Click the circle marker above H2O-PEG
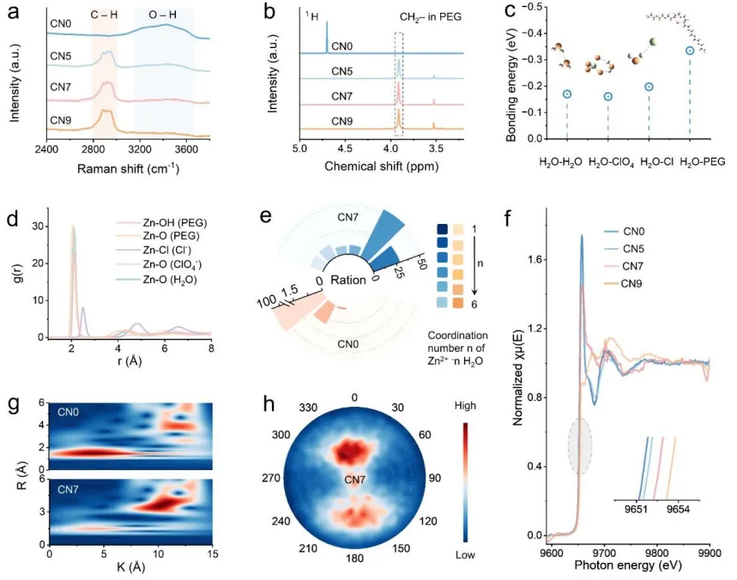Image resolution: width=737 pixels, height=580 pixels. (690, 51)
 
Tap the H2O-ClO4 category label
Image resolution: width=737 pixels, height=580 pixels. (608, 161)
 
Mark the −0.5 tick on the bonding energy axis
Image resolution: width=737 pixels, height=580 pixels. (531, 6)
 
